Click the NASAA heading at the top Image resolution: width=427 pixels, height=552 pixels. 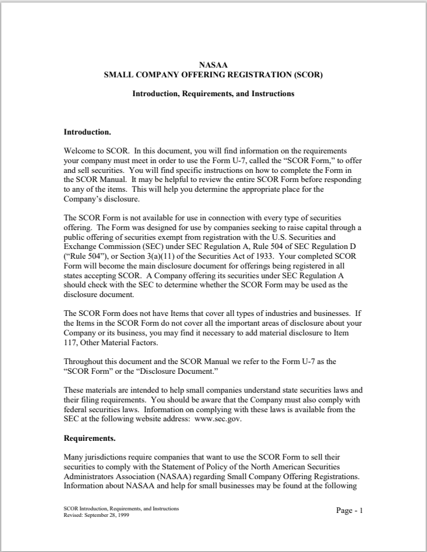[213, 65]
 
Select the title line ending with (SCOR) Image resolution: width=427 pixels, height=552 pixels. [213, 74]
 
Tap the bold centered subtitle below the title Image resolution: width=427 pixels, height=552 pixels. [213, 94]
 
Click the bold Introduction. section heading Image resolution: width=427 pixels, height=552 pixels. [87, 132]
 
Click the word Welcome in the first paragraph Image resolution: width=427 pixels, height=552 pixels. [79, 150]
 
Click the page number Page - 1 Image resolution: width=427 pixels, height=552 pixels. [349, 510]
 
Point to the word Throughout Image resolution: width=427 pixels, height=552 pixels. [84, 360]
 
